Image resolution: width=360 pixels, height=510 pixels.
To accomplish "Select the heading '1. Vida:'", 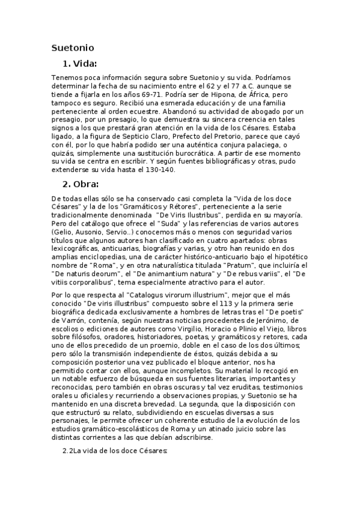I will coord(79,64).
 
